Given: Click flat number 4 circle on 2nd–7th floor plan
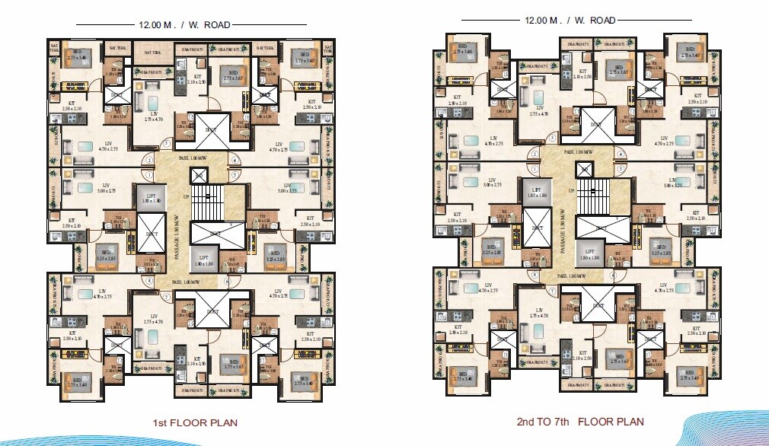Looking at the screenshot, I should [x=620, y=153].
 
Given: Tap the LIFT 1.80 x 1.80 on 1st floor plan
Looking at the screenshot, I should [x=205, y=260].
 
